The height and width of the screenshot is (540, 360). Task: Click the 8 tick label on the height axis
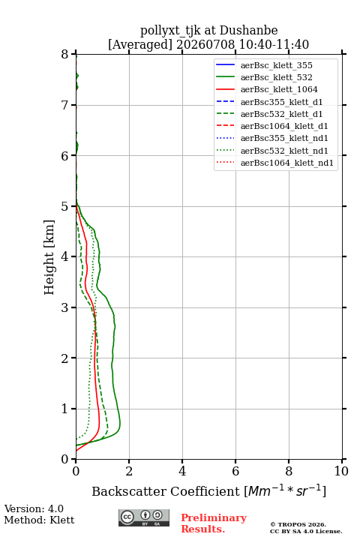65,54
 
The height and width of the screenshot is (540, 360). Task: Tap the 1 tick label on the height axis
65,409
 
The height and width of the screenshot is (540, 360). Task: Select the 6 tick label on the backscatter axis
235,471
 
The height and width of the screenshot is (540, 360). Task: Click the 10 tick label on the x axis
341,471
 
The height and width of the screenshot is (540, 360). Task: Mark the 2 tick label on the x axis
129,471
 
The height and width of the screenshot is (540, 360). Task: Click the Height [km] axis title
49,257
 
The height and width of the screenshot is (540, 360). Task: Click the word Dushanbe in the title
248,31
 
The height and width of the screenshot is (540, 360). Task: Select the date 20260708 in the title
205,44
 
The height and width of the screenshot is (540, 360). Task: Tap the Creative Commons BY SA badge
144,517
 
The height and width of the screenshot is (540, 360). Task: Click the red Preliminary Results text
214,523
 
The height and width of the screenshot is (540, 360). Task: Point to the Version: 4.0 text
34,508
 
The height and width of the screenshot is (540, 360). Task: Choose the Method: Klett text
39,520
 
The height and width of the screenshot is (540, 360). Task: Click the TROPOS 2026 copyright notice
298,524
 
